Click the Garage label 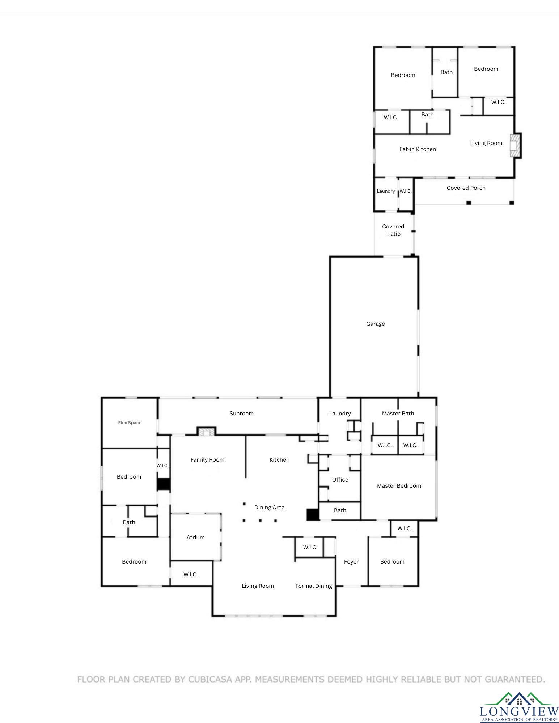[x=375, y=324]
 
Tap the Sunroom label [x=241, y=413]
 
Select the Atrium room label [x=195, y=537]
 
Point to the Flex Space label [x=130, y=423]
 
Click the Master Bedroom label [x=399, y=485]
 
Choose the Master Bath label [x=398, y=413]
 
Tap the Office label [x=340, y=479]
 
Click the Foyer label [x=351, y=561]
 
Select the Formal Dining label [x=313, y=586]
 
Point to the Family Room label [x=207, y=459]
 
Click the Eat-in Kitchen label [x=418, y=149]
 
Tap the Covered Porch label [x=466, y=188]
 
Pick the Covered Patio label [x=393, y=230]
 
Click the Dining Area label [x=269, y=507]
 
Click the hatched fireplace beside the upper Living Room [x=515, y=146]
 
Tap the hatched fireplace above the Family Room [x=207, y=431]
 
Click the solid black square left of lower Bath [x=313, y=514]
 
